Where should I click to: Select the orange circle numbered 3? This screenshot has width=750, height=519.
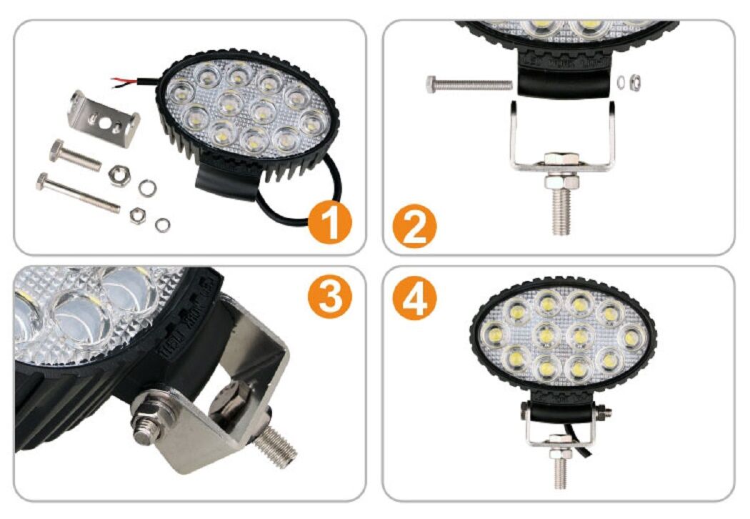pyautogui.click(x=330, y=295)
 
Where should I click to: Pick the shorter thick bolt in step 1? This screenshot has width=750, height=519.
pyautogui.click(x=74, y=154)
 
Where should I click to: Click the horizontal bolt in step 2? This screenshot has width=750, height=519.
pyautogui.click(x=469, y=85)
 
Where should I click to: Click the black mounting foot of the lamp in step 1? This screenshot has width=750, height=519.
pyautogui.click(x=226, y=180)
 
